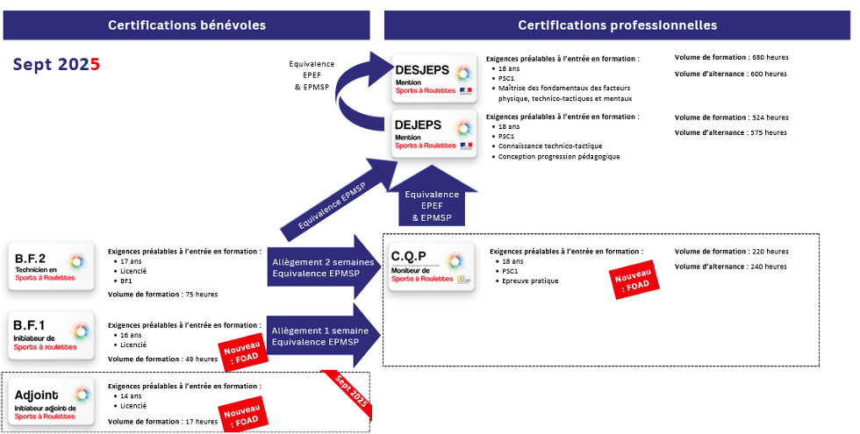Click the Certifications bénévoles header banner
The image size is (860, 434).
186,25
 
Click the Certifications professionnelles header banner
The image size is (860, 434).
617,25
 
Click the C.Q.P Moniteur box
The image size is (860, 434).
431,267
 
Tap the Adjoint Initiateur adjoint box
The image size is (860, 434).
51,400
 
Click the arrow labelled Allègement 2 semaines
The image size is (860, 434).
321,267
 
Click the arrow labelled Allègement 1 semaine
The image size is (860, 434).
321,335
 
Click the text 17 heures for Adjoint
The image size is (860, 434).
201,422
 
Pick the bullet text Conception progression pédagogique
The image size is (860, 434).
559,156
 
